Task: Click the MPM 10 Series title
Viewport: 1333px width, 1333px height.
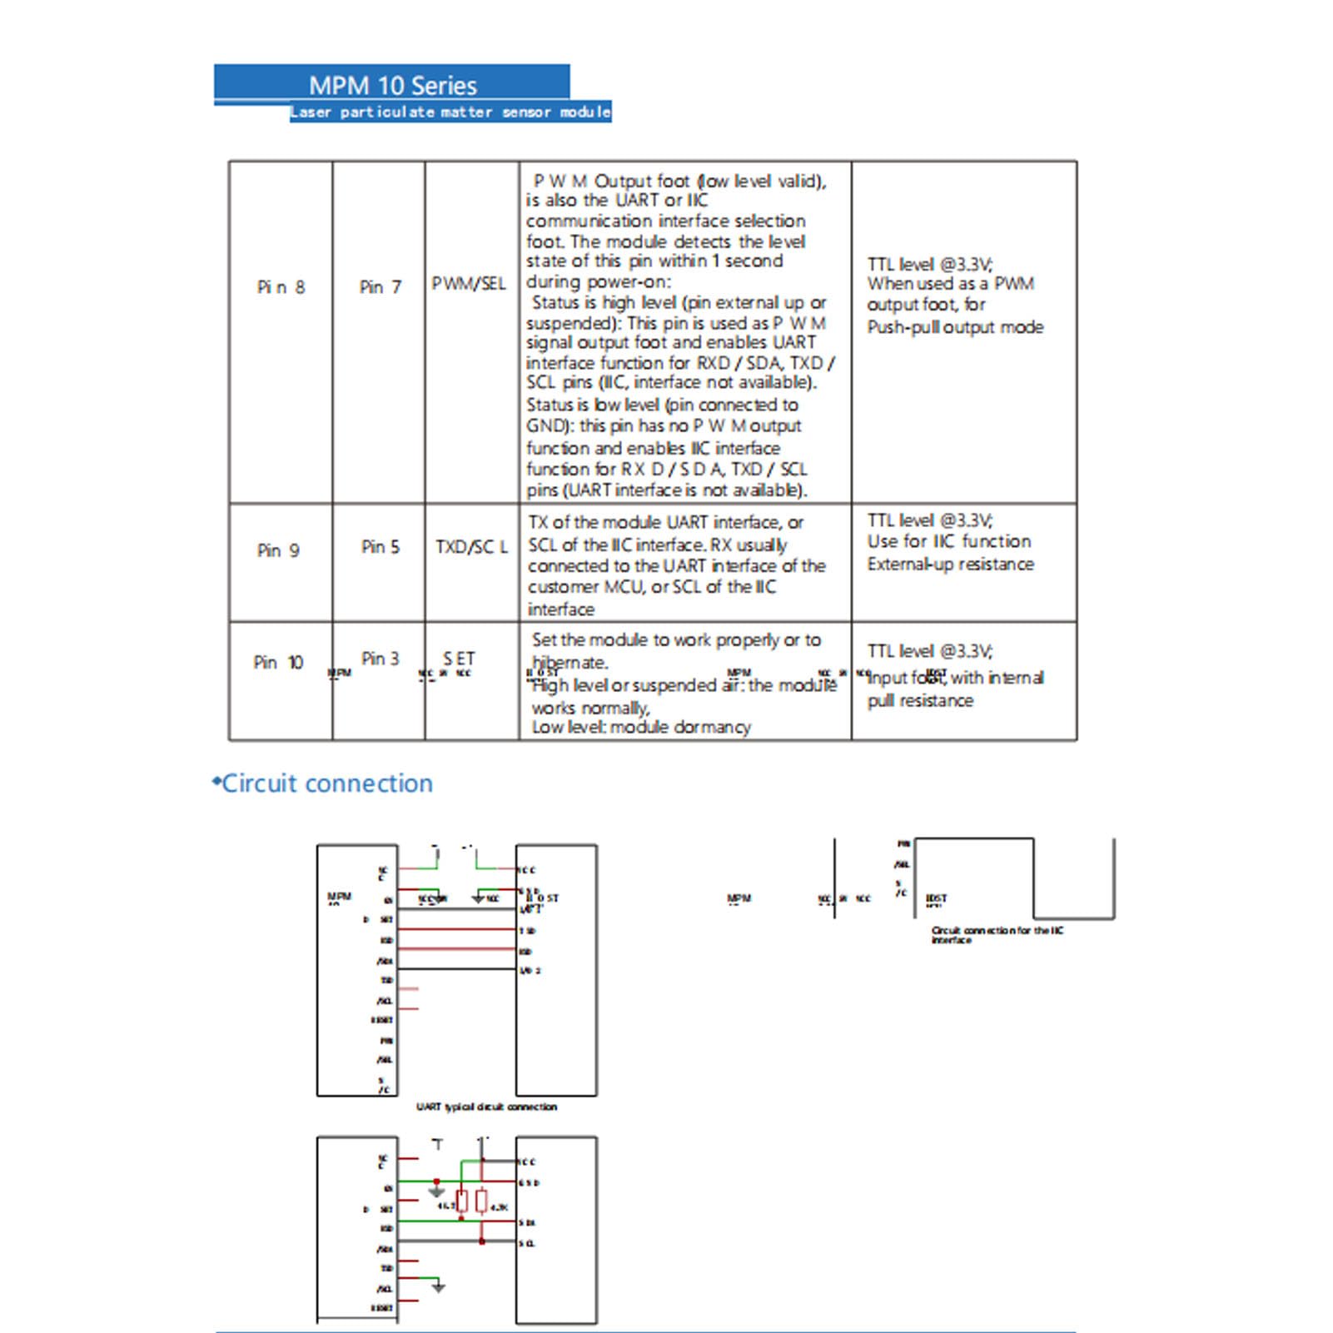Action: (392, 85)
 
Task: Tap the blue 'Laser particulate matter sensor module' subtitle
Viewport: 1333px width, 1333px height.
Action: (450, 112)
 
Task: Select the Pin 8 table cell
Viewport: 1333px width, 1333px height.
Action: (281, 287)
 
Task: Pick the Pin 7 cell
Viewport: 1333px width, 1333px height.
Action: (380, 287)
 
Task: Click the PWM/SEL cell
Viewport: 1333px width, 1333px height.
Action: (469, 284)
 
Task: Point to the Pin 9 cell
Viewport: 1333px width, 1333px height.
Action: (278, 550)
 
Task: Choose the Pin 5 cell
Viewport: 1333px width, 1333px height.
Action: (380, 547)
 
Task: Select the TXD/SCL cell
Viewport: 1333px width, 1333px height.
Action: (471, 547)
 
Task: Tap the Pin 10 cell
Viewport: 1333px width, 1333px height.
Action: (278, 663)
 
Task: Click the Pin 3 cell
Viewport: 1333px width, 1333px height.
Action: (380, 659)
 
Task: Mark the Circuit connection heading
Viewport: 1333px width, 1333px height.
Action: (326, 783)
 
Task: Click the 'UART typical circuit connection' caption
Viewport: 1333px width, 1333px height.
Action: (486, 1107)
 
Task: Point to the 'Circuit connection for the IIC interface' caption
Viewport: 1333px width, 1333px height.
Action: (997, 935)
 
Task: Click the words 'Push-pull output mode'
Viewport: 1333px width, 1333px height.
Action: (955, 327)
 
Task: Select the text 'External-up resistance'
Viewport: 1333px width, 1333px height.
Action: (950, 565)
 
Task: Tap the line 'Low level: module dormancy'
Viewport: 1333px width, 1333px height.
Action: (640, 727)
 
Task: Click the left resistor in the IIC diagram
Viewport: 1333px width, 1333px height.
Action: (462, 1201)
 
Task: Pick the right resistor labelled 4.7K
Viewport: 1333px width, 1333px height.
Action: (482, 1201)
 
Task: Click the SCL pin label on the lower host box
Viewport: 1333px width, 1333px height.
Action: (527, 1244)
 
